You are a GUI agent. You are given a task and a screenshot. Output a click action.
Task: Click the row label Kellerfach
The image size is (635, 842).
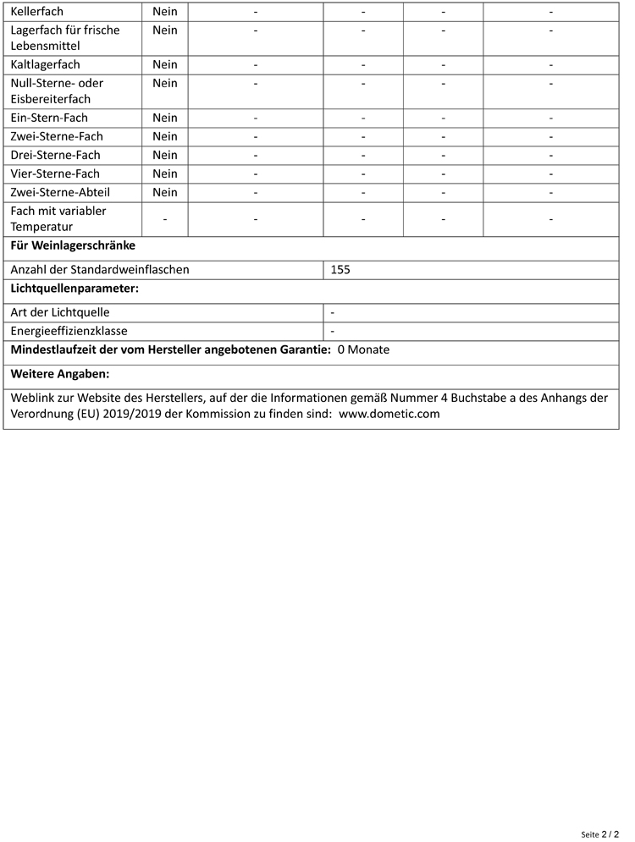click(36, 13)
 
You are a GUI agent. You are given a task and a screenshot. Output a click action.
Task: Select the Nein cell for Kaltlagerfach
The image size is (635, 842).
click(165, 64)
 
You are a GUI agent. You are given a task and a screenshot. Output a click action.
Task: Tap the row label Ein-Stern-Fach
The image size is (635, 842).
click(49, 118)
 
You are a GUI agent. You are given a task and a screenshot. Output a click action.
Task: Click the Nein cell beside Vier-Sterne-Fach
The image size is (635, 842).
click(165, 173)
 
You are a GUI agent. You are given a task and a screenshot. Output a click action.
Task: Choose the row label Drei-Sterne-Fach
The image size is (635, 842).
click(55, 155)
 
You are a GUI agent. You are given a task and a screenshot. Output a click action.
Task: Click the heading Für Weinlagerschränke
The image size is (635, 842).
click(73, 246)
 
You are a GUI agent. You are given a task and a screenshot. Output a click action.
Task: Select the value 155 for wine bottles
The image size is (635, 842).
click(340, 270)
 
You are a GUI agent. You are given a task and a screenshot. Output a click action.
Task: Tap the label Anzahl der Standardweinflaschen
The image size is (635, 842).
click(100, 270)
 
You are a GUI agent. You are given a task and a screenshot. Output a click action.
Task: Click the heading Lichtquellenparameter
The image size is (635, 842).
click(75, 289)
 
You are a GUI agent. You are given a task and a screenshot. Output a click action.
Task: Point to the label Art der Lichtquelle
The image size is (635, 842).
click(60, 312)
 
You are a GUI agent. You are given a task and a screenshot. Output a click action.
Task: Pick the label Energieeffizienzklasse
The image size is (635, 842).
click(69, 331)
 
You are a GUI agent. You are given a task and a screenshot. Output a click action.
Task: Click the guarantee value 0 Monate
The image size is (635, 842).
click(363, 349)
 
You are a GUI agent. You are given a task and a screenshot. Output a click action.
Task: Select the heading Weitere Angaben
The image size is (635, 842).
click(60, 373)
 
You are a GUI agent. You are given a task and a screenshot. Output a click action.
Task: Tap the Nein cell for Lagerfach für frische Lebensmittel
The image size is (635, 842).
click(165, 30)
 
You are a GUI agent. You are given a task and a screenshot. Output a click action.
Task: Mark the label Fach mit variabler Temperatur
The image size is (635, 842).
click(58, 219)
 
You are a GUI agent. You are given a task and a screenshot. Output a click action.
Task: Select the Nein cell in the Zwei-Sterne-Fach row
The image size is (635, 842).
click(165, 136)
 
